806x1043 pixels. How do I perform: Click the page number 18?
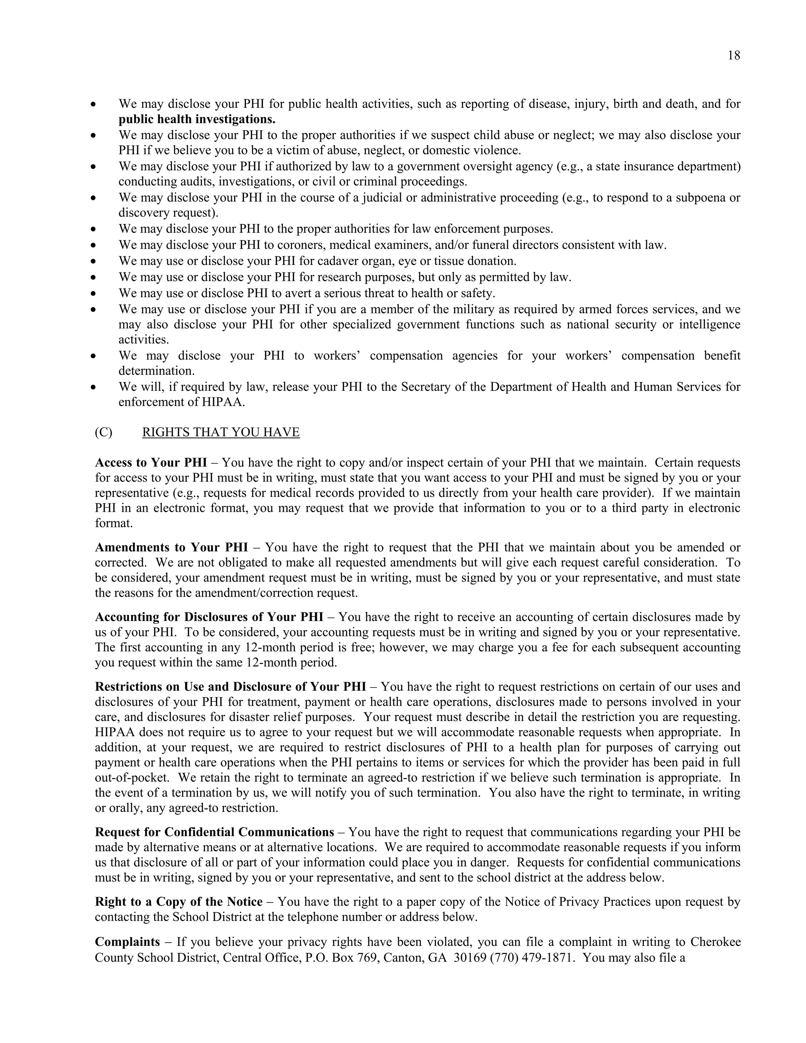pos(734,56)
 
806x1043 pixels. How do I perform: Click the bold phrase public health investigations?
pos(197,119)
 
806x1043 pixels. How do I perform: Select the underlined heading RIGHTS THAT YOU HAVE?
pos(221,432)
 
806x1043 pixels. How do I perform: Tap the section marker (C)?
pos(104,432)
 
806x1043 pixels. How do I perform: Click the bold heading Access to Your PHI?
pos(151,463)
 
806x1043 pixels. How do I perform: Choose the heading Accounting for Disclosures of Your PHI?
pos(209,617)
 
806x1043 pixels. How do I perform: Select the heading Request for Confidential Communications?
pos(214,832)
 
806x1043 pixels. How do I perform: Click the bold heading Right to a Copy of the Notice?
pos(179,902)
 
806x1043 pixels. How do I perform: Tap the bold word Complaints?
pos(128,942)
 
